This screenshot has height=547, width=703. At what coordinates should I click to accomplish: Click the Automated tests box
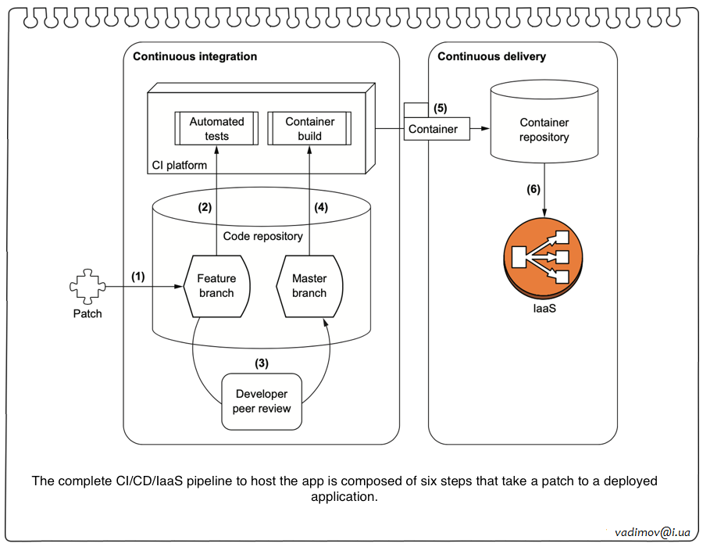tap(216, 128)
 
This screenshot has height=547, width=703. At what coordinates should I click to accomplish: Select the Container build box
tap(309, 128)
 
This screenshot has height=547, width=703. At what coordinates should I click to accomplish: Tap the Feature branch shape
tap(216, 285)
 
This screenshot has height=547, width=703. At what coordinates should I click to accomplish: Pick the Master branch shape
tap(309, 285)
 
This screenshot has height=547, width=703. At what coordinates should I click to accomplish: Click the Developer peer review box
tap(262, 401)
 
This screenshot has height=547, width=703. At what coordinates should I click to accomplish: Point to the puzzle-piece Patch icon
tap(87, 287)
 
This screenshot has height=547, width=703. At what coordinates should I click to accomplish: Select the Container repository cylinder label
tap(544, 130)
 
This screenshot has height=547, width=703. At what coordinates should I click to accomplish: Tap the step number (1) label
tap(138, 276)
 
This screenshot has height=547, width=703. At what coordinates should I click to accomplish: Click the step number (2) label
tap(205, 208)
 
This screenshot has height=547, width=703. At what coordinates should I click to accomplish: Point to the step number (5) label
tap(441, 108)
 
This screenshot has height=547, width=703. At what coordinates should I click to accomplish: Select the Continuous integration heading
tap(194, 56)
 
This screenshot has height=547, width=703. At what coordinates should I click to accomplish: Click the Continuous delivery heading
tap(491, 56)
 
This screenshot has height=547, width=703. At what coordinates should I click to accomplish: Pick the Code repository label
tap(262, 235)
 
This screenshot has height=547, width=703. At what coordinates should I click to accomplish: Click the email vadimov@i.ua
tap(653, 531)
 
